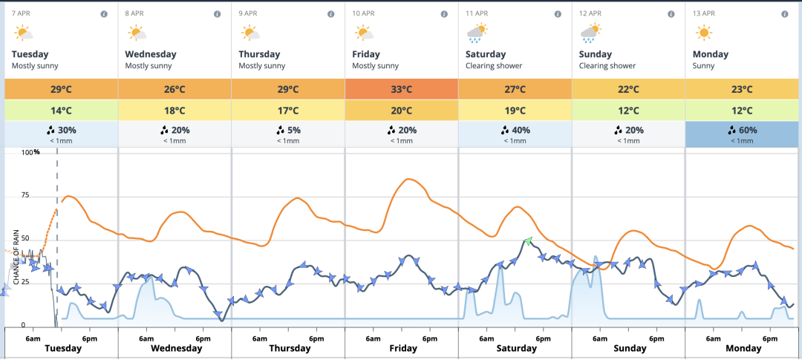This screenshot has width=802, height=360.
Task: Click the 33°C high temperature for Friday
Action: (402, 89)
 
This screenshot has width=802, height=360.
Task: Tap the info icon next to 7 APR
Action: (104, 14)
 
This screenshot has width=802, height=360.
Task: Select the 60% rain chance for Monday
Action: (742, 130)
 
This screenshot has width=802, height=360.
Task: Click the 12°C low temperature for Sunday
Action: (628, 111)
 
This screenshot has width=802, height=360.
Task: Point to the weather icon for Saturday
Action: (477, 32)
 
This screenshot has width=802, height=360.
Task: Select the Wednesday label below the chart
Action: (176, 348)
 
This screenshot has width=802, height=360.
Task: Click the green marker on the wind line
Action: (528, 240)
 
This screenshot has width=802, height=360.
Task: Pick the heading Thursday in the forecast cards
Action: (259, 54)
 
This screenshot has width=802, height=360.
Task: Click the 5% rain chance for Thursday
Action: (288, 130)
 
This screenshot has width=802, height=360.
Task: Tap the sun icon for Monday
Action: (703, 32)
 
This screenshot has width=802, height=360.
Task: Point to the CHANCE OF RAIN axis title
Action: (16, 257)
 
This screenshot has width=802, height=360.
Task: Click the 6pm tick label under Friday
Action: (430, 338)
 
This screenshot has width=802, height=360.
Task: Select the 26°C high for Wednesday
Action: (175, 89)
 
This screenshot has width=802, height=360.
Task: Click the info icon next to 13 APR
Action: (784, 14)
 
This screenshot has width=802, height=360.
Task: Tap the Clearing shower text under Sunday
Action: (607, 66)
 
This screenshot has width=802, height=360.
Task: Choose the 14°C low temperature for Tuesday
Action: (62, 111)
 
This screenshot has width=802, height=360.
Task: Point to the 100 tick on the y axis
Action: (27, 153)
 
